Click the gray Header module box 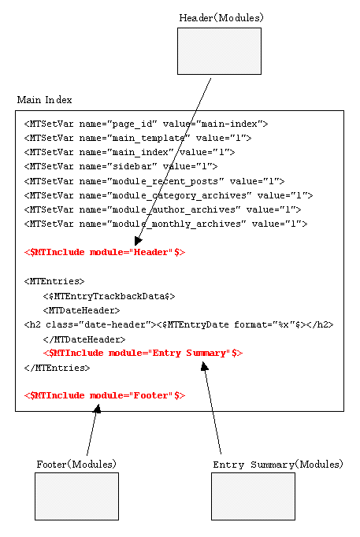tap(219, 51)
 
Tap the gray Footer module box tap(76, 496)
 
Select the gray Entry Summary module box tap(253, 496)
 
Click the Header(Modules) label tap(221, 18)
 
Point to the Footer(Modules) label tap(76, 464)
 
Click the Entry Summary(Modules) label tap(278, 465)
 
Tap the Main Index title tap(45, 100)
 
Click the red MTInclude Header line tap(105, 253)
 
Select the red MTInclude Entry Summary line tap(143, 353)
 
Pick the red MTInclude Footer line tap(105, 395)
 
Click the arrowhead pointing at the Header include tap(138, 241)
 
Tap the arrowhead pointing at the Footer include tap(98, 409)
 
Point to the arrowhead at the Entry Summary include tap(205, 367)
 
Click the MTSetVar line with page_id tap(146, 124)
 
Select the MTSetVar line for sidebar tap(121, 166)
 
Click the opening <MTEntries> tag tap(54, 282)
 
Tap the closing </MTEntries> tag tap(57, 368)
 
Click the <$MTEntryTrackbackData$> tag tap(109, 296)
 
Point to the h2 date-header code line tap(179, 324)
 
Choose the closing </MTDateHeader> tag tap(84, 339)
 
